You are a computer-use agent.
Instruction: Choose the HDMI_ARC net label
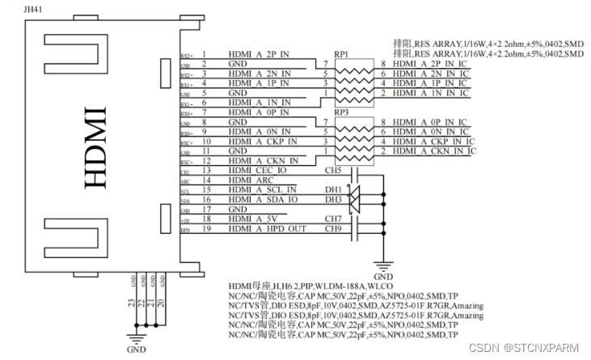(x=251, y=180)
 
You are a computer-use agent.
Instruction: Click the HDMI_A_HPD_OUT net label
(x=268, y=229)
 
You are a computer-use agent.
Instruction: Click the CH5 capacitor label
(x=332, y=171)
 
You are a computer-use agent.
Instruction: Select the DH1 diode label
(x=332, y=190)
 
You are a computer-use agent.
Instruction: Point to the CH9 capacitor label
(x=332, y=229)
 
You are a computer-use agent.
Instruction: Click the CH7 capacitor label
(x=332, y=219)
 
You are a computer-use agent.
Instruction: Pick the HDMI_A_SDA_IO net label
(x=264, y=200)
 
